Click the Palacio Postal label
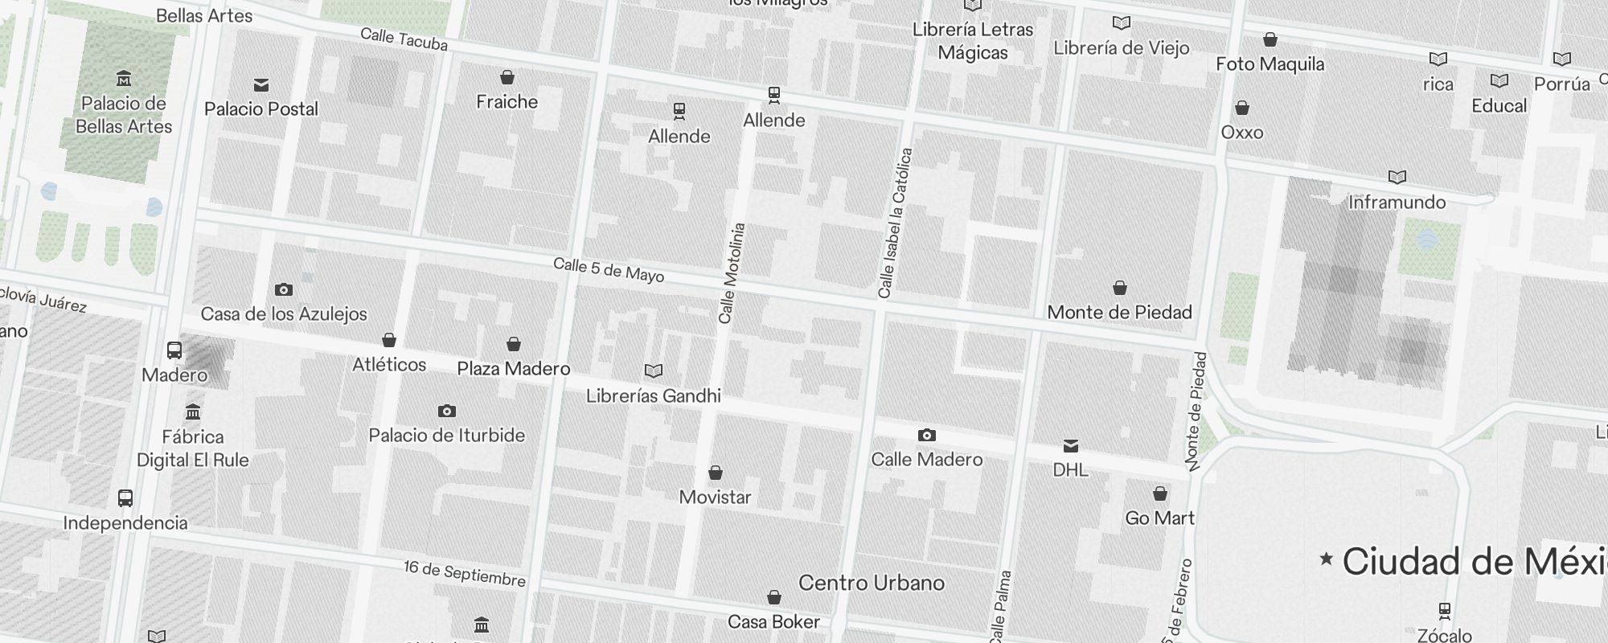tap(261, 109)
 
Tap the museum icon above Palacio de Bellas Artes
tap(124, 79)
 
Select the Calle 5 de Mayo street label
tap(609, 270)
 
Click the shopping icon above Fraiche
tap(507, 77)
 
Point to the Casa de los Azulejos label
tap(284, 313)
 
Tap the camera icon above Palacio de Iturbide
tap(447, 412)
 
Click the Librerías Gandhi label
tap(653, 395)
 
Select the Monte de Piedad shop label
tap(1119, 312)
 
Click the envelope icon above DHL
tap(1071, 446)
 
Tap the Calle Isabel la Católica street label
tap(895, 223)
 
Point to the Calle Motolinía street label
tap(732, 273)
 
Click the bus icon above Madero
tap(174, 350)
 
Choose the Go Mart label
tap(1159, 518)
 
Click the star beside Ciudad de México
tap(1327, 558)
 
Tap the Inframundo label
tap(1397, 202)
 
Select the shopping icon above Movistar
tap(716, 473)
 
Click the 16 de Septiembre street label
tap(464, 574)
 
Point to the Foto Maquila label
tap(1270, 63)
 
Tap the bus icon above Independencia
tap(125, 498)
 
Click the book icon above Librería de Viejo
tap(1121, 23)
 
